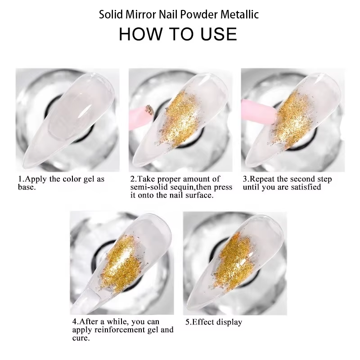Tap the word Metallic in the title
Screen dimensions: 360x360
(x=240, y=14)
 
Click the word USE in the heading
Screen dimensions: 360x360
(x=219, y=34)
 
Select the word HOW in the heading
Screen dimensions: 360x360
(x=140, y=34)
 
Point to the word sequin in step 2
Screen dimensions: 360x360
(x=183, y=187)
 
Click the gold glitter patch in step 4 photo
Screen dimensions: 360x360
(x=121, y=264)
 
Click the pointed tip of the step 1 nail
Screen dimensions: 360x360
(x=24, y=162)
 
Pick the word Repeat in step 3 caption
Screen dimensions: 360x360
(x=263, y=179)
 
